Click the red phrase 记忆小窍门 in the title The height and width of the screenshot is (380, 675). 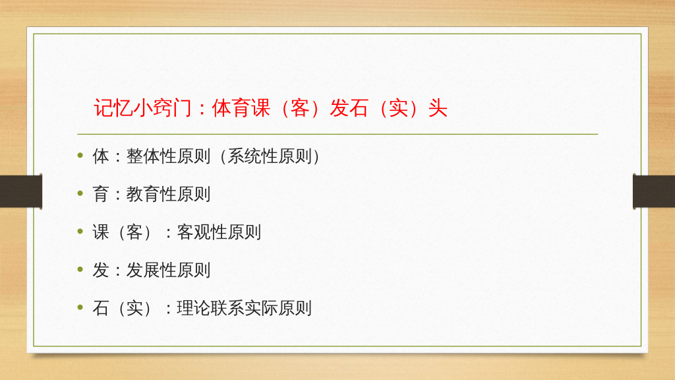142,108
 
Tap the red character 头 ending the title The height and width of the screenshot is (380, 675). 438,108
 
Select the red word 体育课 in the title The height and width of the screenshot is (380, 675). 241,108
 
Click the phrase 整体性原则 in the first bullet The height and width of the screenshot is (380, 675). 168,156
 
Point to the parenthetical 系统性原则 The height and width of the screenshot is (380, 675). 270,156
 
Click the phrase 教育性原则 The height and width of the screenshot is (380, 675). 168,194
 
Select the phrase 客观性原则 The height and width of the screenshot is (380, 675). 219,232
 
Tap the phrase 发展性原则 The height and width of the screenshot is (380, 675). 168,270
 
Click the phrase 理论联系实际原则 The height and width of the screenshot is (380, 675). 244,307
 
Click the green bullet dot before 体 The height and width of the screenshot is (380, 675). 80,155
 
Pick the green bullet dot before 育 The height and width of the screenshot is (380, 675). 80,193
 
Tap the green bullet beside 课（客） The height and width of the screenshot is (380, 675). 80,231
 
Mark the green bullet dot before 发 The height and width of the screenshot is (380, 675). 80,269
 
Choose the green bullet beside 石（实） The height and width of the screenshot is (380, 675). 80,307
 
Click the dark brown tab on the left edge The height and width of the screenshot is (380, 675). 21,191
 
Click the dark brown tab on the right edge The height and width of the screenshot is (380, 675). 654,191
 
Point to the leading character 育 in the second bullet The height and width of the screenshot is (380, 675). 101,194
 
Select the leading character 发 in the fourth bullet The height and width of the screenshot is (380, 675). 101,270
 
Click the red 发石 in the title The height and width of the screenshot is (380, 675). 349,108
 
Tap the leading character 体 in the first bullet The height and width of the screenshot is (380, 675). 101,156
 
